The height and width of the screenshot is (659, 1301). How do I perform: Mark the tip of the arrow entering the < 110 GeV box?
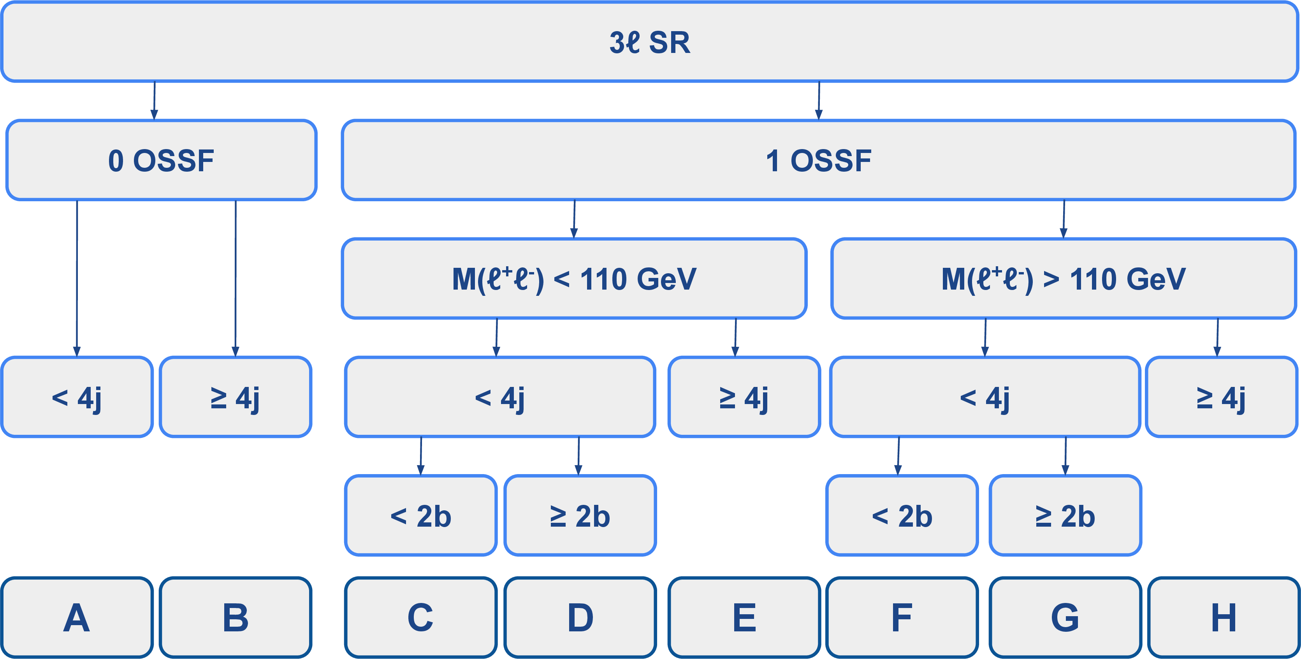574,238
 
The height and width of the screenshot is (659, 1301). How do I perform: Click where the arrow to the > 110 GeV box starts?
1064,200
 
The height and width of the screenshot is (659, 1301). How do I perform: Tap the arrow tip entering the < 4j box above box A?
77,357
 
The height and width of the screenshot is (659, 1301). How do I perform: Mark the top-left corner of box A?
2,578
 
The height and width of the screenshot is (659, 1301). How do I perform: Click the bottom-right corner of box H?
1298,657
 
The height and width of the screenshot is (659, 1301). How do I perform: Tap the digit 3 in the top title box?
617,42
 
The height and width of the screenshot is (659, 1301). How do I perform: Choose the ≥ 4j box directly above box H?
1221,397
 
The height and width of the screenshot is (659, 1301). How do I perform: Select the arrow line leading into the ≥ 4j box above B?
236,278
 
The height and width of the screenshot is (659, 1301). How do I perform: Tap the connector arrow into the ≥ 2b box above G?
1065,456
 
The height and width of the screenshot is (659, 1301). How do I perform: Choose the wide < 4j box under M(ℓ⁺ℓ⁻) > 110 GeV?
985,397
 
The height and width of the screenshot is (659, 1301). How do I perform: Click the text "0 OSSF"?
161,161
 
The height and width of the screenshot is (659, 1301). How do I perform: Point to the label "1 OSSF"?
819,161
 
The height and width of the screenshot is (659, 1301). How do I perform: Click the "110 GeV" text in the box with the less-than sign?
638,279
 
